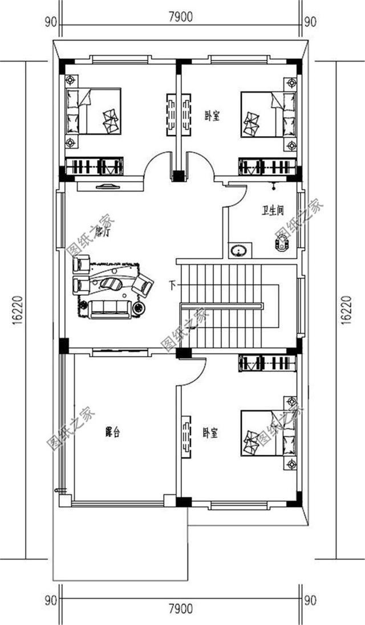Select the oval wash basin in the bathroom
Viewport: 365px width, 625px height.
coord(238,250)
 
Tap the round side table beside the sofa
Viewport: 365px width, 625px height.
coord(139,308)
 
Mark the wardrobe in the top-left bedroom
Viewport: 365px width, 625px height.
coord(94,167)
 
